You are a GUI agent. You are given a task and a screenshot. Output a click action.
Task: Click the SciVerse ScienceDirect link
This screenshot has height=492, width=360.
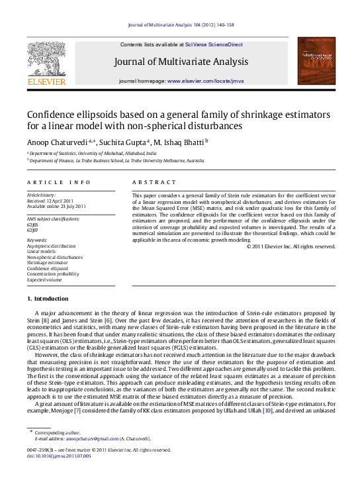(x=214, y=44)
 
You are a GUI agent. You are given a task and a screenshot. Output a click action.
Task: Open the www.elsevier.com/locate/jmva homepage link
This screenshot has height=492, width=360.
(x=206, y=80)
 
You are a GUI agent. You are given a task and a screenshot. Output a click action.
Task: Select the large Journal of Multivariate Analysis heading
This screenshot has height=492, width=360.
(x=181, y=62)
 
